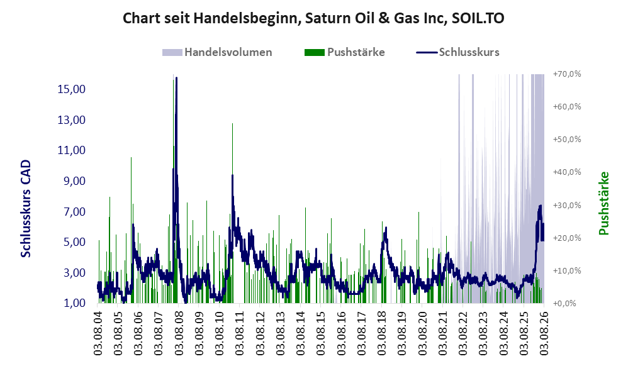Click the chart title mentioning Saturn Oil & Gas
tap(313, 18)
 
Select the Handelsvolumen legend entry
tap(217, 52)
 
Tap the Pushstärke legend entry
tap(344, 52)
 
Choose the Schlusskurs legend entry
tap(457, 52)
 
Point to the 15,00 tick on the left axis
tap(72, 89)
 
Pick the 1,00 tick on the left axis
tap(74, 303)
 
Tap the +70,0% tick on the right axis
tap(567, 74)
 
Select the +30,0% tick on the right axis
tap(567, 206)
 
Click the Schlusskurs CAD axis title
tap(26, 209)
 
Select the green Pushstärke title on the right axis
tap(603, 203)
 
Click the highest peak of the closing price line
tap(177, 77)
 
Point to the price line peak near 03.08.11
tap(232, 175)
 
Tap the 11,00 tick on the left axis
tap(72, 150)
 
